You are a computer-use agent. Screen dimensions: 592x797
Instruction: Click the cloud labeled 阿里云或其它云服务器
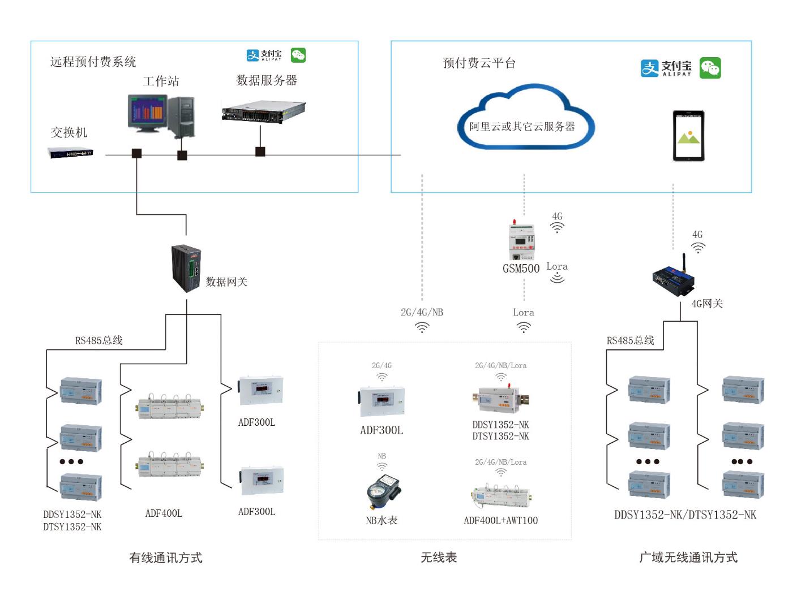point(524,119)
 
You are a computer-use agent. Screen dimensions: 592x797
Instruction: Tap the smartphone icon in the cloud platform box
point(688,136)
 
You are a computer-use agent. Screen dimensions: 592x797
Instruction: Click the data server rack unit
point(263,111)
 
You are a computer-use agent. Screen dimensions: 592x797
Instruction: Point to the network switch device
point(71,153)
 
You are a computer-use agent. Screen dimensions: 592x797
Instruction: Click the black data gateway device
point(186,268)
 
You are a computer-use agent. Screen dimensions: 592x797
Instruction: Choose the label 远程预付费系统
point(93,62)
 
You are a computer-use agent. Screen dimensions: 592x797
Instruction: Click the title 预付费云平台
point(479,63)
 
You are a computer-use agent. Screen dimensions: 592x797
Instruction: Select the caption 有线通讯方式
point(165,558)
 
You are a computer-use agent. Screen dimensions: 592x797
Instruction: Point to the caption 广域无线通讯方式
point(688,558)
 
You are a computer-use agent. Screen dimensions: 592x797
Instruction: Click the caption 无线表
point(438,558)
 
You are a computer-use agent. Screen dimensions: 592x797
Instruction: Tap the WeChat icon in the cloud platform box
point(710,68)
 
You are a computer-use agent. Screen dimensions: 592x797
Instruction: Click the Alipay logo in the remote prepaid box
point(264,55)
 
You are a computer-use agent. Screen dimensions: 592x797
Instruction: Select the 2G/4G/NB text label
point(422,312)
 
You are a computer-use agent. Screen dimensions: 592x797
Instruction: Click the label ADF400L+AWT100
point(500,520)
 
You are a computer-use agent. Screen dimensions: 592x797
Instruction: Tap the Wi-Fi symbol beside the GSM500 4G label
point(558,227)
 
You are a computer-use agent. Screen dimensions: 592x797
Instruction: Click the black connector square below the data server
point(260,152)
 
